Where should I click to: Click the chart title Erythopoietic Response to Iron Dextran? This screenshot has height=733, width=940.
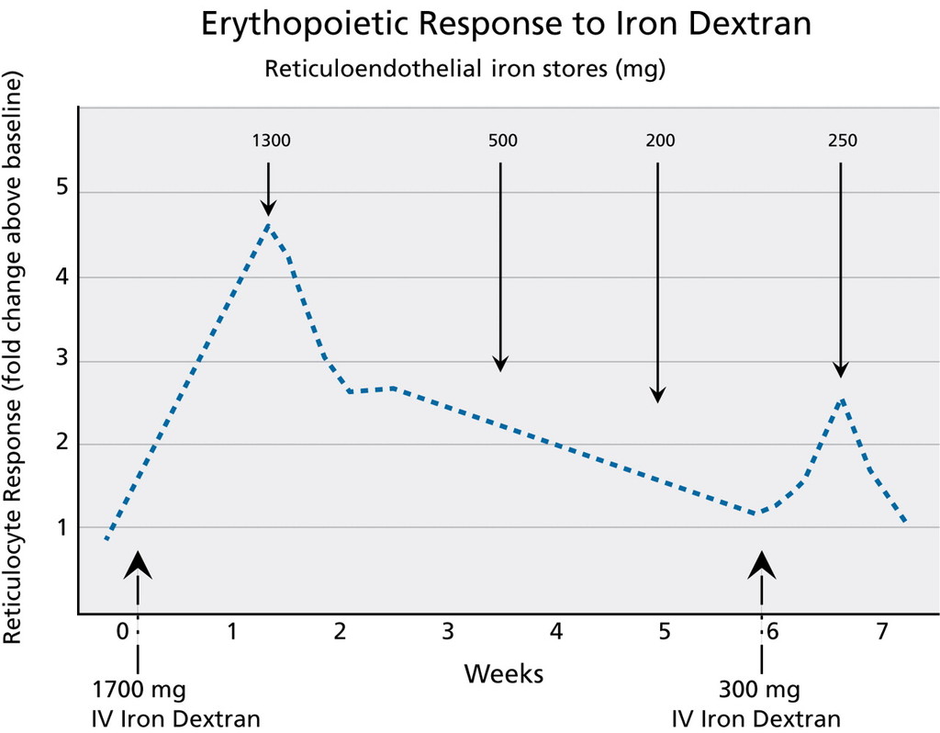[x=506, y=25]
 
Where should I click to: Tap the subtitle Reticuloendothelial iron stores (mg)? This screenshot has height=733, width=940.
[x=464, y=69]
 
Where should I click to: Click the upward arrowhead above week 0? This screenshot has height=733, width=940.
[x=138, y=562]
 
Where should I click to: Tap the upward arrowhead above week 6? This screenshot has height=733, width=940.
[x=761, y=562]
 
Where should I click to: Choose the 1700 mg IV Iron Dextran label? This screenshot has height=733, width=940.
[x=151, y=703]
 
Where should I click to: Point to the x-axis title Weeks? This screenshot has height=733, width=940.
[x=503, y=674]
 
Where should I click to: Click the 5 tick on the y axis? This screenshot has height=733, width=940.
[x=61, y=191]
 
